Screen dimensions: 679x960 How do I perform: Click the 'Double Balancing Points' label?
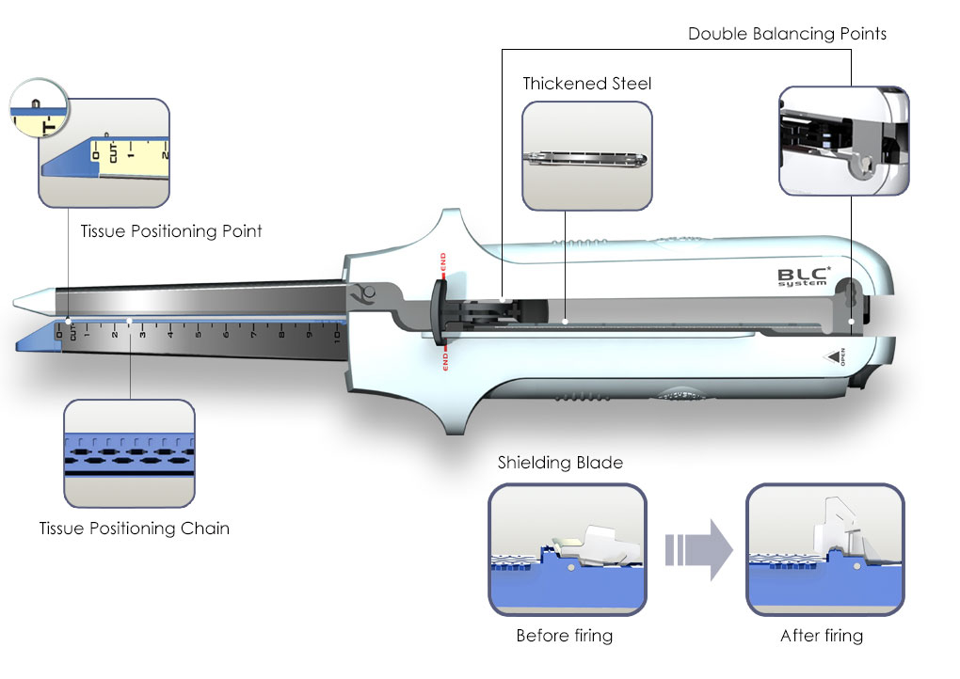click(787, 34)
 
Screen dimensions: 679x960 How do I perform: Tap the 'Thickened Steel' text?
click(586, 84)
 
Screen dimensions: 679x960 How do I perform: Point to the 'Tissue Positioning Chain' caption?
click(134, 528)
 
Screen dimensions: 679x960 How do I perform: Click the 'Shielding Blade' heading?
click(560, 462)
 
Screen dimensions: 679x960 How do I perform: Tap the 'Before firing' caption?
click(564, 636)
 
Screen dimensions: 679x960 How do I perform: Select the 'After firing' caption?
click(821, 636)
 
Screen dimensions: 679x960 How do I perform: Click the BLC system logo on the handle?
click(802, 278)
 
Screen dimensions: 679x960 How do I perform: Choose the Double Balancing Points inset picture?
click(844, 141)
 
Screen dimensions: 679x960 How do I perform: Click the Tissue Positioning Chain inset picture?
click(129, 454)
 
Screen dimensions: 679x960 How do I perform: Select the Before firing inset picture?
click(568, 549)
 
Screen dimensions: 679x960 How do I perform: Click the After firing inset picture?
click(824, 549)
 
